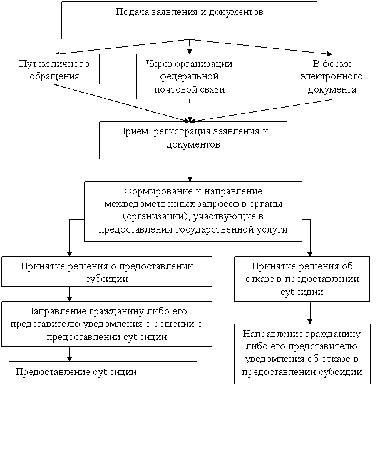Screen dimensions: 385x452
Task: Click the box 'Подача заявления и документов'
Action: click(189, 20)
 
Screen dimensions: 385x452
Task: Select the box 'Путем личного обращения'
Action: click(54, 69)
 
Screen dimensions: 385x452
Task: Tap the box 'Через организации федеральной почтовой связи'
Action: click(189, 76)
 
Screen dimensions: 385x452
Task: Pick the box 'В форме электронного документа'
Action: click(332, 76)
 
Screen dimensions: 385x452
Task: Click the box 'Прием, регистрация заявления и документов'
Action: click(193, 140)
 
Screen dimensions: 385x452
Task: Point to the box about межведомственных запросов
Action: click(193, 211)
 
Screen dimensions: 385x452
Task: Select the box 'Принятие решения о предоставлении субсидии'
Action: click(107, 271)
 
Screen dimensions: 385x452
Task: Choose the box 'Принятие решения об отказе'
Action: click(302, 279)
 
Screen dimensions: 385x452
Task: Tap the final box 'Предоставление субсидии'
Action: click(103, 373)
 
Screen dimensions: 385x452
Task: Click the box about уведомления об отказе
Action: click(302, 354)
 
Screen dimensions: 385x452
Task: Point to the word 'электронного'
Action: click(332, 76)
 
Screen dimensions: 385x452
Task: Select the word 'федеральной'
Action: click(189, 76)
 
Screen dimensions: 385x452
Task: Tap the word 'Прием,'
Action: click(135, 131)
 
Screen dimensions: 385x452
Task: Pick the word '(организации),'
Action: click(157, 216)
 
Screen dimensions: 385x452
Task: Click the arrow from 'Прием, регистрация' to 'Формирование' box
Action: click(190, 170)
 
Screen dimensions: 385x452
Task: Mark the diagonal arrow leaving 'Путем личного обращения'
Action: click(121, 103)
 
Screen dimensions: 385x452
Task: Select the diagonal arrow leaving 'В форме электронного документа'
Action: click(261, 111)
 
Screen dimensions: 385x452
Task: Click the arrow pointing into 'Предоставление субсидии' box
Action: click(69, 354)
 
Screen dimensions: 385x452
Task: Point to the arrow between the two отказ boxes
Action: click(310, 313)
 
